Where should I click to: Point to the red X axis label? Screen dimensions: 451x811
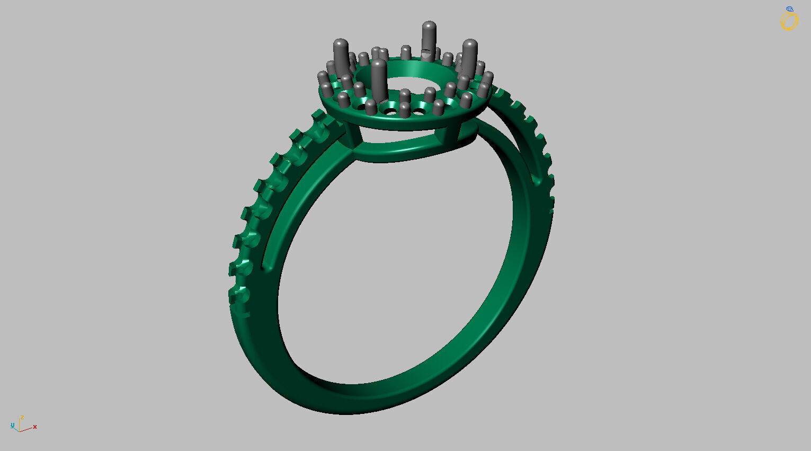35,427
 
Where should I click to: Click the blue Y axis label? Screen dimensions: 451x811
12,426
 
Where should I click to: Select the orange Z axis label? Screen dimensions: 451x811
22,418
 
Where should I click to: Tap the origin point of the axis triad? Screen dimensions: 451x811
20,430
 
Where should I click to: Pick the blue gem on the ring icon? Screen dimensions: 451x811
790,9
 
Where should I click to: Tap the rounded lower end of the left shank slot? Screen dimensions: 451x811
267,265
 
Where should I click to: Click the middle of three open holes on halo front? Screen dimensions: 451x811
391,111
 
